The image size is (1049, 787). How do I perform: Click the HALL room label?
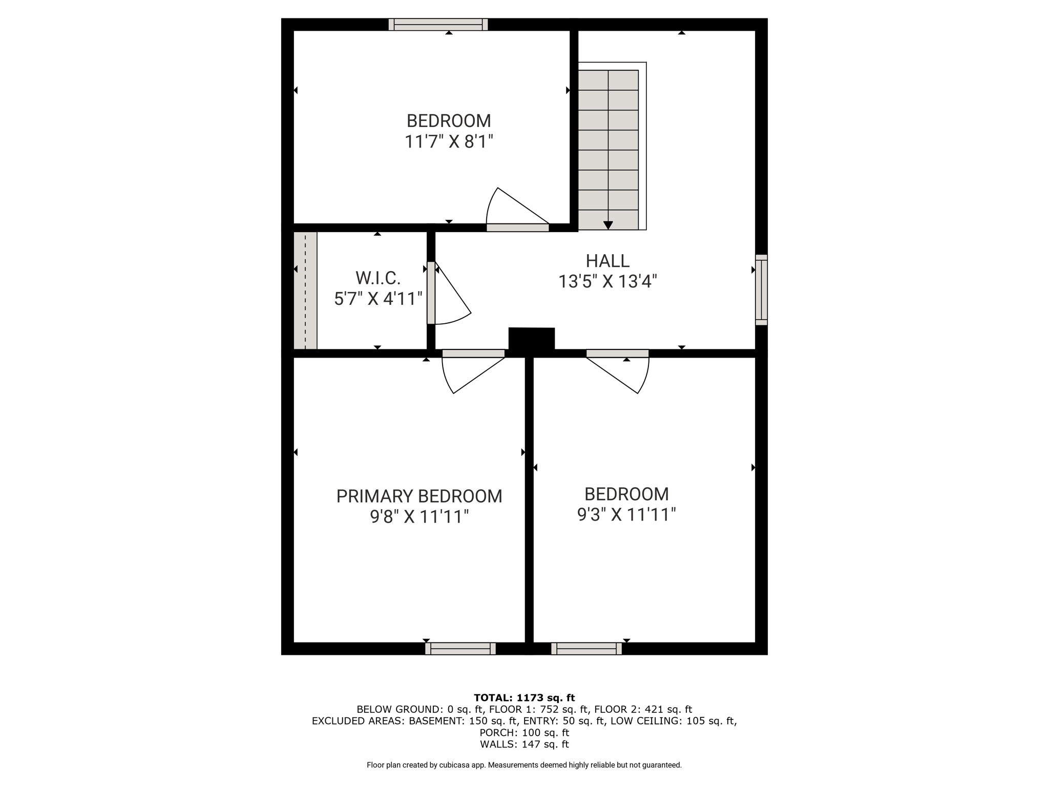(607, 261)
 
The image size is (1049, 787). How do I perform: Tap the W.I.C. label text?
(378, 278)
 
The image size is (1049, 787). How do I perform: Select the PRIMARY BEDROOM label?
(419, 496)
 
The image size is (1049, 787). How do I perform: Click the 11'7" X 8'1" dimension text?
(449, 141)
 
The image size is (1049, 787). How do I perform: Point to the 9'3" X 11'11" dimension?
(626, 514)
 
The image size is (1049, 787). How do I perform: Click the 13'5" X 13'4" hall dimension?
(607, 281)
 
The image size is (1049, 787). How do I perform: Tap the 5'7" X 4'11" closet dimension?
(378, 299)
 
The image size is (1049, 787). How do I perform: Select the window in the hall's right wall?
(762, 289)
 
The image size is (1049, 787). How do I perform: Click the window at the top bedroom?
(438, 25)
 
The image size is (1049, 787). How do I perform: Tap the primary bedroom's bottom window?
(460, 649)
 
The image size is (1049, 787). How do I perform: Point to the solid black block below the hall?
(532, 339)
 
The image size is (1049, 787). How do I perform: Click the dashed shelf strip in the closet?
(305, 291)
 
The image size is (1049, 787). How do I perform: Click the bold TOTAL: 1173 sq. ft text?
(524, 697)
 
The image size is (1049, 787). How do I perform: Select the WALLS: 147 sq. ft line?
(524, 744)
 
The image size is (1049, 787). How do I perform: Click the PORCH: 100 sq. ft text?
(524, 732)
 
